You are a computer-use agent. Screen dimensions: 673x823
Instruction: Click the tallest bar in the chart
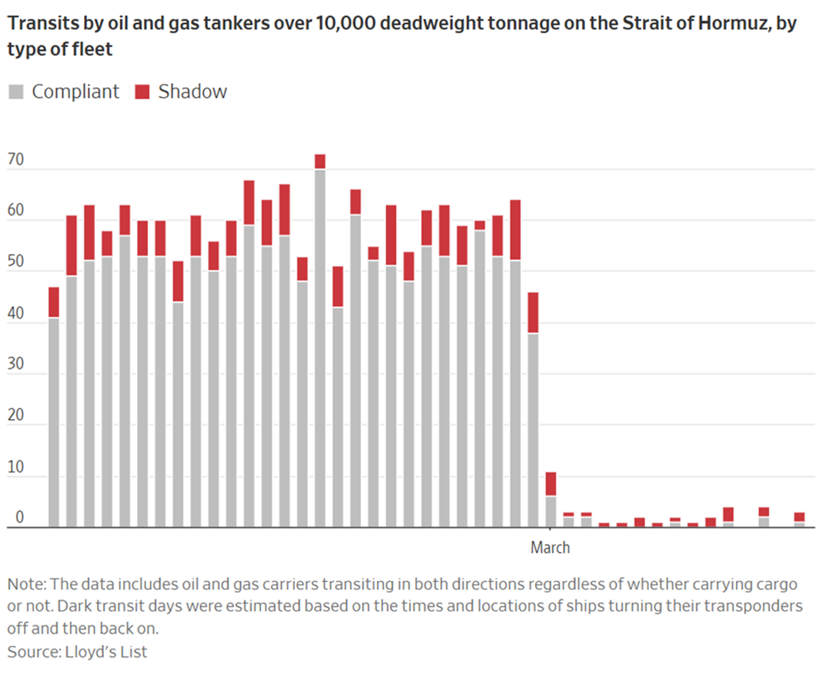(319, 346)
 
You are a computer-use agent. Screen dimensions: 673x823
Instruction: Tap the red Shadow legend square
(142, 92)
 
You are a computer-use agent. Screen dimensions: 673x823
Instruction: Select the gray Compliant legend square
(15, 92)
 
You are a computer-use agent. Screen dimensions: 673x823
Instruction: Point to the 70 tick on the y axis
(15, 162)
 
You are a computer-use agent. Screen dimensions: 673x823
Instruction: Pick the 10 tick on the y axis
(15, 468)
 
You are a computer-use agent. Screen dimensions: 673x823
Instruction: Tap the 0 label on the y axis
(11, 518)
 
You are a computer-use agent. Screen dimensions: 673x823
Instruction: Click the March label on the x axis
(550, 548)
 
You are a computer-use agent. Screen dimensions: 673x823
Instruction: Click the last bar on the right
(800, 520)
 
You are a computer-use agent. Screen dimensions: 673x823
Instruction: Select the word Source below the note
(31, 651)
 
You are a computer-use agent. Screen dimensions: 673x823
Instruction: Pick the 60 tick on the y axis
(15, 212)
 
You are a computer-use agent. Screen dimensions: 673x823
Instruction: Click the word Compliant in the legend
(75, 92)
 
